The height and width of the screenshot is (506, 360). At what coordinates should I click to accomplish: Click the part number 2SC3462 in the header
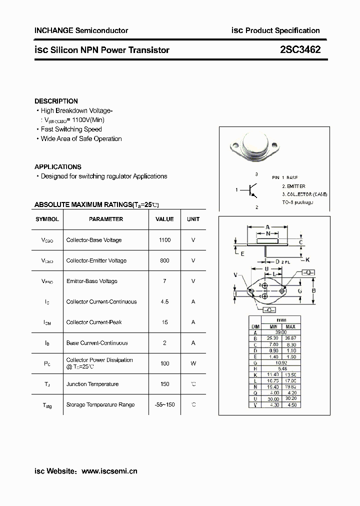(x=300, y=50)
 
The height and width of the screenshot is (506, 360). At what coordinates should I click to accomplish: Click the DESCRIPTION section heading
(x=56, y=101)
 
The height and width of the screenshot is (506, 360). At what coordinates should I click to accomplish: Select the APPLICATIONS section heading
(x=57, y=167)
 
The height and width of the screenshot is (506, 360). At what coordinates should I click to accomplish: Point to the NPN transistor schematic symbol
(x=252, y=190)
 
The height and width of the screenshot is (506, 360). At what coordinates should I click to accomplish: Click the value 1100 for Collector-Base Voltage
(x=164, y=240)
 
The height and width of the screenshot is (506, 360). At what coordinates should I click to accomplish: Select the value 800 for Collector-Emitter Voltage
(x=164, y=260)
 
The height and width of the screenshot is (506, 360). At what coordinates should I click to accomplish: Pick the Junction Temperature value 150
(x=164, y=384)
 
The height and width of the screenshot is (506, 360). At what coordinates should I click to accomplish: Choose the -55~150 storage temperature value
(x=164, y=404)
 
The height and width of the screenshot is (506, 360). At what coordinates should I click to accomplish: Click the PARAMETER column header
(x=106, y=219)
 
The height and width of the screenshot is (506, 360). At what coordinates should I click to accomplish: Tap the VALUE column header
(x=164, y=219)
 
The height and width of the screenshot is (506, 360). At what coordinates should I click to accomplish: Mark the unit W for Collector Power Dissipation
(x=193, y=363)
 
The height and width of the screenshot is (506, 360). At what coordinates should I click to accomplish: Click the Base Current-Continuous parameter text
(x=97, y=343)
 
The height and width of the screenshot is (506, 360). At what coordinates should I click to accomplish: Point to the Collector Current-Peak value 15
(x=164, y=322)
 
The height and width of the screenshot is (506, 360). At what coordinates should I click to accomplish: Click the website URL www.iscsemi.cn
(x=109, y=471)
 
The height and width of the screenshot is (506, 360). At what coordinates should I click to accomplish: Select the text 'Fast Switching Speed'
(x=71, y=129)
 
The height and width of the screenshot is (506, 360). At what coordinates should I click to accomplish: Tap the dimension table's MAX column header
(x=290, y=326)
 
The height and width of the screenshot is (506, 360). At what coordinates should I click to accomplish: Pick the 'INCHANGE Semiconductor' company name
(x=81, y=30)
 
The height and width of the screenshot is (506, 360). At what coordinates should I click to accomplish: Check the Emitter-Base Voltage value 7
(x=164, y=281)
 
